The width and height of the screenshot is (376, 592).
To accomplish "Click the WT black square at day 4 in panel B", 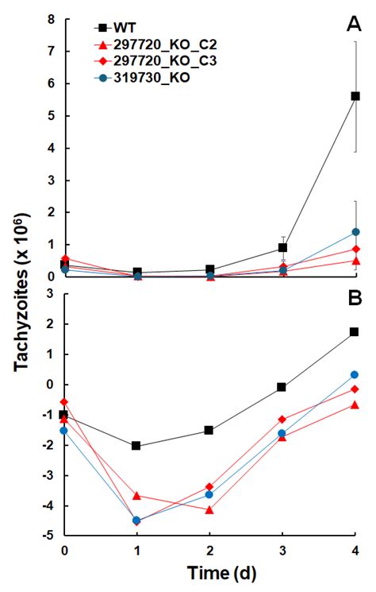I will tap(355, 331).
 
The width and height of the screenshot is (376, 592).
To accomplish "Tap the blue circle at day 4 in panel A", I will tap(355, 232).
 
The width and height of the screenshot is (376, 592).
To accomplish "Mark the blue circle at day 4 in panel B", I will tap(355, 374).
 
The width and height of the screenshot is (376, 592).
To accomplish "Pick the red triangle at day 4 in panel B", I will tap(355, 404).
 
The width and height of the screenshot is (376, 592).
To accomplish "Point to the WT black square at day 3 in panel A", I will tap(282, 248).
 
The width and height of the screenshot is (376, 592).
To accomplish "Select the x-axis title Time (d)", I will tap(210, 571).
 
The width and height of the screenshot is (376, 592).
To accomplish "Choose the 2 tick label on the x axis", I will tap(209, 549).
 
